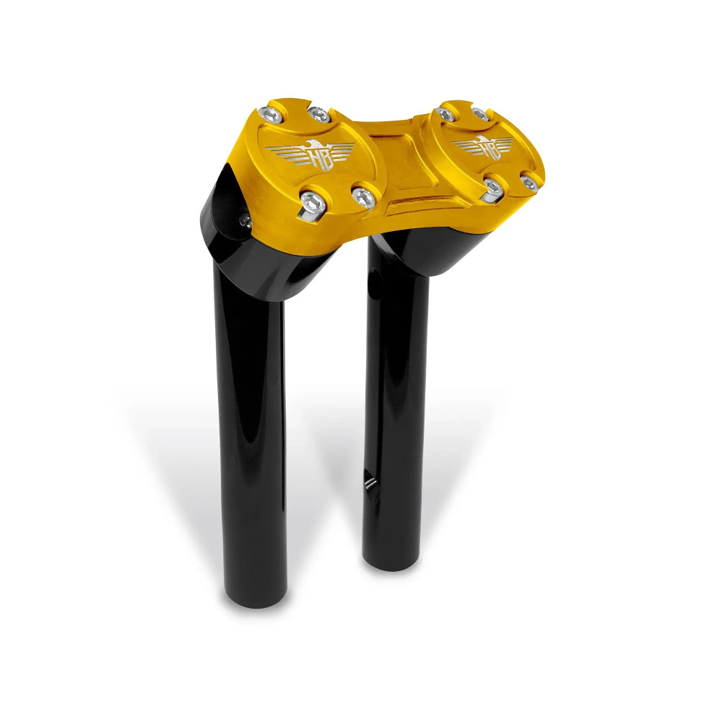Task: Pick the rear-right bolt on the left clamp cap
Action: point(318,113)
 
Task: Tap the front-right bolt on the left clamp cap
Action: point(363,195)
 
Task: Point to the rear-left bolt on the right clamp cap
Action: point(446,113)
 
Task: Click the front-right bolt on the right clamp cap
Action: point(529,183)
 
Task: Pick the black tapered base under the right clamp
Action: point(426,253)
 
